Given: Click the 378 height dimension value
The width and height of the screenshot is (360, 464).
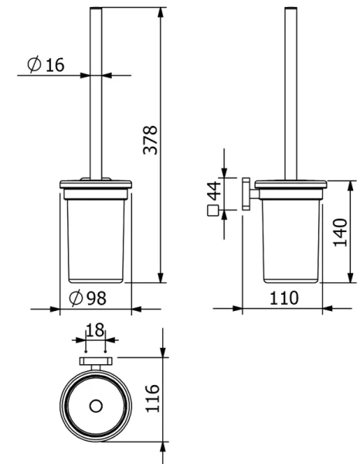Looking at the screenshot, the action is [x=150, y=140].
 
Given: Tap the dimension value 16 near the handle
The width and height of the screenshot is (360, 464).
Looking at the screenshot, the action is [x=55, y=65].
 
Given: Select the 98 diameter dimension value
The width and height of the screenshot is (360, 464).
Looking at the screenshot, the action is [x=97, y=299].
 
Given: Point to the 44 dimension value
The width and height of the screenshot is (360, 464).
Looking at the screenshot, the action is [x=214, y=191].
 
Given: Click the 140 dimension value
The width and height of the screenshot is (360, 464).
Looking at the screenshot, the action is [x=340, y=232].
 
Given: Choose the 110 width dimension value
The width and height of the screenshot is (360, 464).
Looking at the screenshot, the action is [x=284, y=298].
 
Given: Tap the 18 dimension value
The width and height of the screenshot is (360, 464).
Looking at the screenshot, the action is [x=95, y=330].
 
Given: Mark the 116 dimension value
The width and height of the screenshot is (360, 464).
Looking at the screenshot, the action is [x=153, y=398].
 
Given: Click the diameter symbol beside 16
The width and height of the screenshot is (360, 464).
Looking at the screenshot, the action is [x=34, y=64].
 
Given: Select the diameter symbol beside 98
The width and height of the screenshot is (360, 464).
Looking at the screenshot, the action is [x=76, y=298].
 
